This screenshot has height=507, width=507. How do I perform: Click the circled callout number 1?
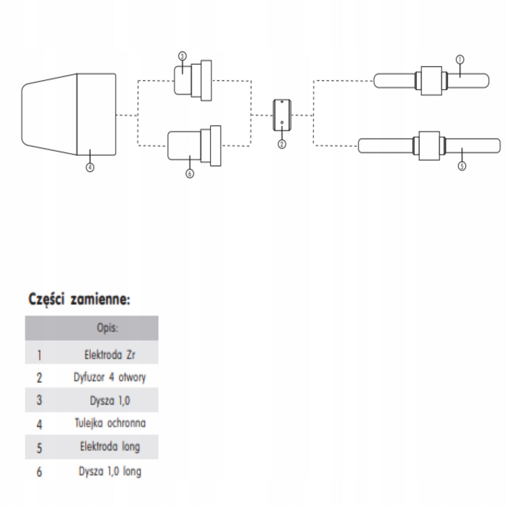(x=460, y=60)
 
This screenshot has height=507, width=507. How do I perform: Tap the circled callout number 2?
(x=282, y=144)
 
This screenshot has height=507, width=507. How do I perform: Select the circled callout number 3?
(x=182, y=56)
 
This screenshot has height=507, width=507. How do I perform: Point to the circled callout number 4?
(x=90, y=167)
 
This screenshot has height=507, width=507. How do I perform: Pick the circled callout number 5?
(x=462, y=166)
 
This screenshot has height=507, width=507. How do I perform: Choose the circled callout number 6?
(x=189, y=174)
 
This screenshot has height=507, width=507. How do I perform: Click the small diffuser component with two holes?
(x=282, y=115)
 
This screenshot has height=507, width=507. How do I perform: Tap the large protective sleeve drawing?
(x=68, y=114)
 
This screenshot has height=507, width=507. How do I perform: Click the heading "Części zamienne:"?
(x=79, y=299)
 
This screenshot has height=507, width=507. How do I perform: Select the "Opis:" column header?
(x=107, y=328)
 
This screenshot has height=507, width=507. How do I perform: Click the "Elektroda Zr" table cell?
(x=110, y=355)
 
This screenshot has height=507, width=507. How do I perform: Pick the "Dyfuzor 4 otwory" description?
(x=110, y=377)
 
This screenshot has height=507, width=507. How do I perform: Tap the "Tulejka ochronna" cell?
(x=110, y=423)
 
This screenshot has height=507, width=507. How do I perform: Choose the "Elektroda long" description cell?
(x=110, y=447)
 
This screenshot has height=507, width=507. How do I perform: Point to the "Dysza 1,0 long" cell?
(x=110, y=471)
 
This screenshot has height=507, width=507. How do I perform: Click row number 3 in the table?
(x=39, y=400)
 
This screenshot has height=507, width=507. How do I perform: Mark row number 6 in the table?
(x=39, y=472)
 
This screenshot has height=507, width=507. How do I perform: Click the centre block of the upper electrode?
(x=431, y=81)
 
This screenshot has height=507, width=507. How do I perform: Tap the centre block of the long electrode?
(x=429, y=146)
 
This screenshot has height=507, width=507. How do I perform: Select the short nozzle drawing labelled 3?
(x=193, y=80)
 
